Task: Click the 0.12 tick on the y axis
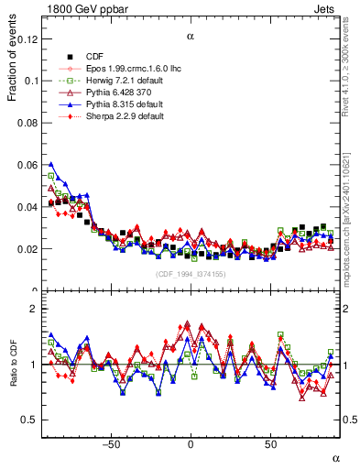click(27, 39)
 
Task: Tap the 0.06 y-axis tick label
click(27, 165)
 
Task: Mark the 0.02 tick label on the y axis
click(27, 249)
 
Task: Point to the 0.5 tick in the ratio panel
click(30, 420)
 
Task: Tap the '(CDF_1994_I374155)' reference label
click(190, 274)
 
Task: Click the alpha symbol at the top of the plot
click(191, 37)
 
